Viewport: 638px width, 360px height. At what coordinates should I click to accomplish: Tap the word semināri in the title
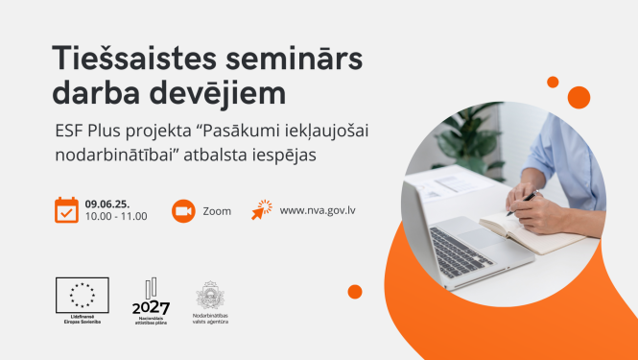pos(291,60)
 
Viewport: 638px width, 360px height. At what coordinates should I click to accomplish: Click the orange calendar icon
pos(66,209)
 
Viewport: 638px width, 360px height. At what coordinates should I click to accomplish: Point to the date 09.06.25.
pos(106,204)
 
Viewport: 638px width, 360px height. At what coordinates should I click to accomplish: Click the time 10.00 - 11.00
pos(115,216)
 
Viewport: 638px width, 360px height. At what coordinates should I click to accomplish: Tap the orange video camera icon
pos(183,210)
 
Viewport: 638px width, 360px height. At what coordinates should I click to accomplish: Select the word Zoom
pos(217,210)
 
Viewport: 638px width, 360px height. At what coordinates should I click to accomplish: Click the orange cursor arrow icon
pos(262,209)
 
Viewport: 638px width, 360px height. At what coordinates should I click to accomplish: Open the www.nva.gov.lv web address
pos(319,210)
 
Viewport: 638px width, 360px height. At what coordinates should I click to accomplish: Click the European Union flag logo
pos(82,295)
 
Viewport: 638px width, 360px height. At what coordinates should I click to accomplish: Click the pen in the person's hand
pos(523,200)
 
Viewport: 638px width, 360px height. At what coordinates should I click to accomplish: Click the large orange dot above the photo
pos(579,97)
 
